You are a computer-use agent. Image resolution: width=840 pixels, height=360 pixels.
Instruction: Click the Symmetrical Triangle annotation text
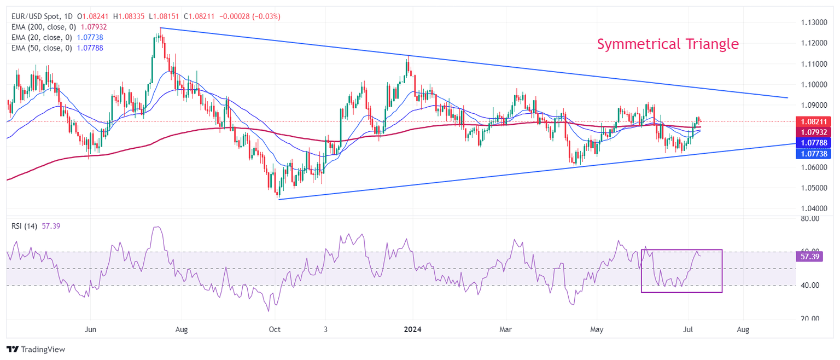coord(668,44)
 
